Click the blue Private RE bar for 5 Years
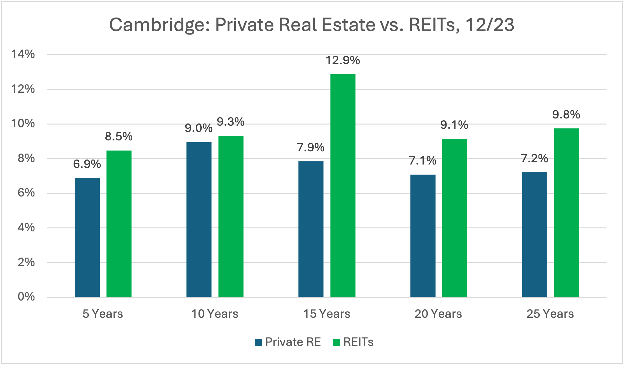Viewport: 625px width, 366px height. tap(87, 237)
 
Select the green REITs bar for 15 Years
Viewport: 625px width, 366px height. tap(343, 186)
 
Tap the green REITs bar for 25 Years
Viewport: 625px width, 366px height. tap(566, 212)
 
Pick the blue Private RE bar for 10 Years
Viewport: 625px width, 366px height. tap(199, 219)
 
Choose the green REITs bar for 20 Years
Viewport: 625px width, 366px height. tap(454, 218)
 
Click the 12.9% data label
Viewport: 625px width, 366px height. tap(342, 60)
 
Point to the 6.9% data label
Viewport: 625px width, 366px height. tap(87, 164)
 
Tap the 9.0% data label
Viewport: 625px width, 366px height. tap(199, 128)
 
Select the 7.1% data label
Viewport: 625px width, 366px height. tap(422, 161)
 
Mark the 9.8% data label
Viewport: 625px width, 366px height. tap(566, 115)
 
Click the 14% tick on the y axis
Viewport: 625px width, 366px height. tap(23, 54)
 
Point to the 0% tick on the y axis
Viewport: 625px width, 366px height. tap(26, 297)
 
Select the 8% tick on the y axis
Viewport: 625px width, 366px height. tap(26, 158)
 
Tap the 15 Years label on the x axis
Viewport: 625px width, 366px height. tap(326, 314)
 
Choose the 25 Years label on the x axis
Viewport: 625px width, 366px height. tap(550, 314)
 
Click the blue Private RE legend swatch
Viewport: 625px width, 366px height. tap(258, 342)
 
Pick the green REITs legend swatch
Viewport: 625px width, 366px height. tap(336, 342)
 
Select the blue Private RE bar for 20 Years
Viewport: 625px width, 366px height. tap(423, 236)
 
